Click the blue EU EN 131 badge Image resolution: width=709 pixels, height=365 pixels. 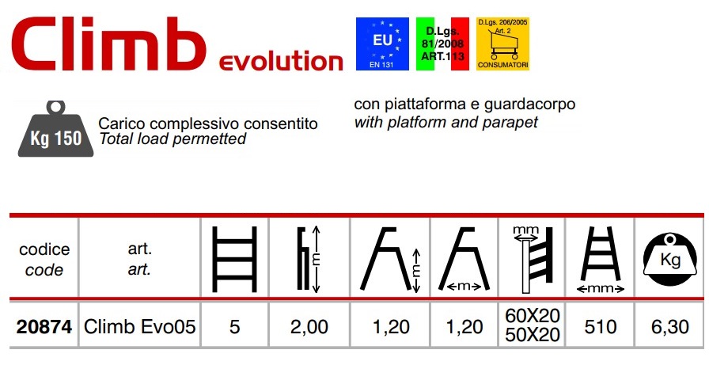(x=382, y=44)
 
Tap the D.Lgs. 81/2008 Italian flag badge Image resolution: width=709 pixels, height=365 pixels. (x=442, y=44)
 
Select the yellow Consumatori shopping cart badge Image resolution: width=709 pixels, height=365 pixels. (x=502, y=44)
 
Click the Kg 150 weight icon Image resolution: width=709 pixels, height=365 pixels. (x=55, y=129)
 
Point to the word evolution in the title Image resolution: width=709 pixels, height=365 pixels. (x=281, y=61)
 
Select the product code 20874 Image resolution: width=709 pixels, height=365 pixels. (x=44, y=326)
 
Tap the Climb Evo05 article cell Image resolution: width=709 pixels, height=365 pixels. (x=140, y=326)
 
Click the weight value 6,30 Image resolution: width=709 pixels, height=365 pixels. (x=670, y=326)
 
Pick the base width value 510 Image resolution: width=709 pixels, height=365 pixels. (x=601, y=326)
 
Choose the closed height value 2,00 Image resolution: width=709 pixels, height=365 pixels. (x=309, y=326)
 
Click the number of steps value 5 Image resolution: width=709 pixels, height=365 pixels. (x=234, y=326)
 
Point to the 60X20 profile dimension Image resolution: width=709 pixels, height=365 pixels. (x=533, y=316)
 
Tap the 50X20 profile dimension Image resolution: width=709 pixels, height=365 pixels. (x=533, y=335)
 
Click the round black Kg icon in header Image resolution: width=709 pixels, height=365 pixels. (x=669, y=259)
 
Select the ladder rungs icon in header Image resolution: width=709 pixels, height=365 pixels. (x=234, y=259)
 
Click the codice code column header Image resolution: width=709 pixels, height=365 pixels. (x=44, y=260)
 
